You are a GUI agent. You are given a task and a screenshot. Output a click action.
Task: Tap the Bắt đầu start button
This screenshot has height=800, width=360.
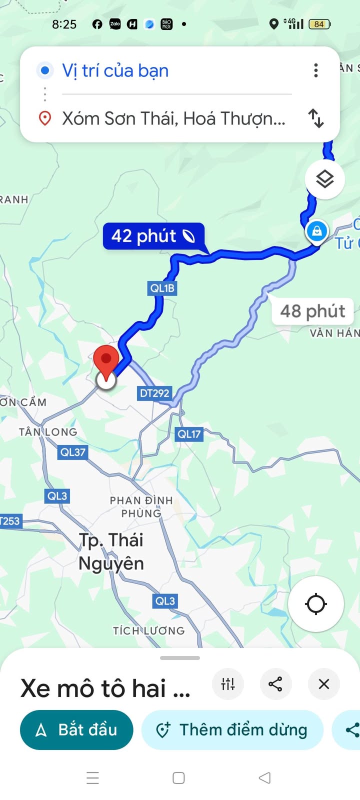click(76, 729)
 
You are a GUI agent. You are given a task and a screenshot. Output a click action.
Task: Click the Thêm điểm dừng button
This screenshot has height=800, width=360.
click(232, 729)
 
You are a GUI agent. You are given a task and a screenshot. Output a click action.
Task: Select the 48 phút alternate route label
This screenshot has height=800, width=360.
click(312, 311)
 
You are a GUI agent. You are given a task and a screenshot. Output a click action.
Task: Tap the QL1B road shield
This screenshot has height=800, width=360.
click(162, 288)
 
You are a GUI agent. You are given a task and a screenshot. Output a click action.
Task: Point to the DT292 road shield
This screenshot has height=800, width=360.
click(154, 393)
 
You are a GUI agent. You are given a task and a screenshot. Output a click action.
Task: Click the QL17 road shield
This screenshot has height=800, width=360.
click(188, 434)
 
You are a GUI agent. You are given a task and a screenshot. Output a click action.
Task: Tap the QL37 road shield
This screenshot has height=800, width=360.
click(73, 452)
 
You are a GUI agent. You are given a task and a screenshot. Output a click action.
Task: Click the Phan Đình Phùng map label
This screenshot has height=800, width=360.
click(141, 506)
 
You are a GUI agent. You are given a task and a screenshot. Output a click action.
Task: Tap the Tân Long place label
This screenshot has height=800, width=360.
click(48, 432)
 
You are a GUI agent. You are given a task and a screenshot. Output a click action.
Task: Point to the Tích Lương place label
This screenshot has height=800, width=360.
click(148, 630)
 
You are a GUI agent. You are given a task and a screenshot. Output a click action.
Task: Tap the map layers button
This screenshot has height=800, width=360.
click(325, 179)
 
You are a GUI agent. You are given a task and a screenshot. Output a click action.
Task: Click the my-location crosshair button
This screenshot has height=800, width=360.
click(316, 603)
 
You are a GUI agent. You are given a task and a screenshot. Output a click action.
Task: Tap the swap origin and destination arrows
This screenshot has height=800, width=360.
click(316, 118)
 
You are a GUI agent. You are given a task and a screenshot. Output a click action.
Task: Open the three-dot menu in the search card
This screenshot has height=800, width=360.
click(316, 70)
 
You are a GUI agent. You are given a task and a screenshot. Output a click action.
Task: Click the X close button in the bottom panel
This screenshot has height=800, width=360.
click(324, 683)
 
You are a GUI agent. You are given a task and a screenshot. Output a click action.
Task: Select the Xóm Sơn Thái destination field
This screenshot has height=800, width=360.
click(173, 118)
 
